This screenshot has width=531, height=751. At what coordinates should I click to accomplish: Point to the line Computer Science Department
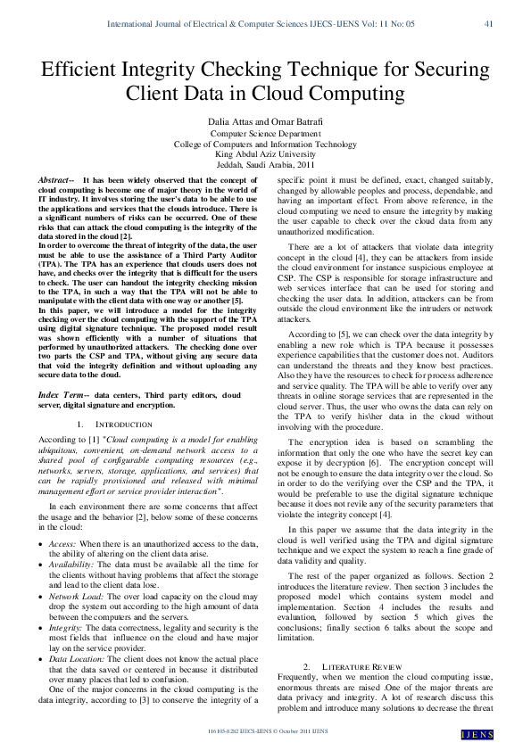click(x=265, y=134)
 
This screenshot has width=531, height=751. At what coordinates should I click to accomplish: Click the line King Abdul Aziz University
click(x=265, y=153)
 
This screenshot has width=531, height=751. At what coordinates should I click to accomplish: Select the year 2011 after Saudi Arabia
click(x=304, y=164)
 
